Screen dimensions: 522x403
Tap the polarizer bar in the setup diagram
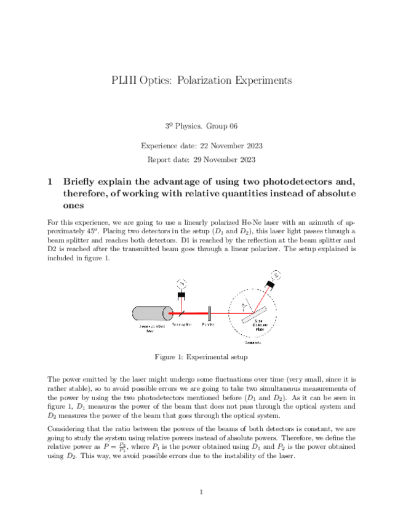(x=210, y=312)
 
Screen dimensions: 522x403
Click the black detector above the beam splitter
(x=182, y=297)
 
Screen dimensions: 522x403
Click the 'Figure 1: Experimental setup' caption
(x=201, y=356)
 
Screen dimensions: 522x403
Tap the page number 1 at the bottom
(x=201, y=491)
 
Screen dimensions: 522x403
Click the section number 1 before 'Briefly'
(x=50, y=182)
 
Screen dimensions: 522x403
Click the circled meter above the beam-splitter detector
(x=182, y=283)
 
